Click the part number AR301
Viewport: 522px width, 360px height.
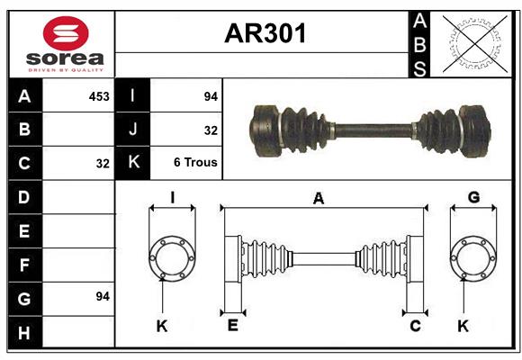point(265,34)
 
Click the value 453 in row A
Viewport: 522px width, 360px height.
point(99,95)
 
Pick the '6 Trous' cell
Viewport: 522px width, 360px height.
point(195,163)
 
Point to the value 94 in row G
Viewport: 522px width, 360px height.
point(103,296)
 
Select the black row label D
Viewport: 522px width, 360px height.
point(24,196)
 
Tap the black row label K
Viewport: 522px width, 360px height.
point(133,163)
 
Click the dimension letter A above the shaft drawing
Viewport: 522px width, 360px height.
point(318,199)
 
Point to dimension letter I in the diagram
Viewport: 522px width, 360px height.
point(171,196)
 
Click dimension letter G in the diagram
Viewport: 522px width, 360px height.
point(473,196)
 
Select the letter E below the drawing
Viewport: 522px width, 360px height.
point(232,326)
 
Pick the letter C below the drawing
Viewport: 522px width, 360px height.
point(415,326)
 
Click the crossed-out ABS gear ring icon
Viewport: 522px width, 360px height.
point(472,43)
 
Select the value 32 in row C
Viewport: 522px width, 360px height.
point(103,163)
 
